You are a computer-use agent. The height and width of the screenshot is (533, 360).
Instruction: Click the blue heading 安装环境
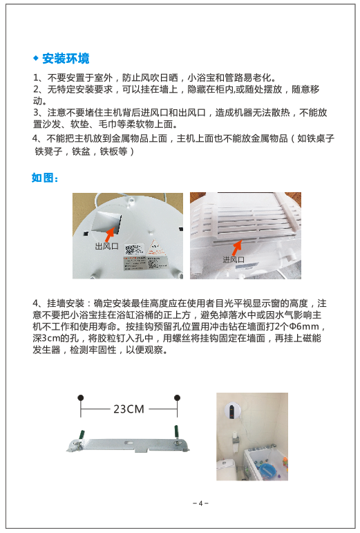pos(66,59)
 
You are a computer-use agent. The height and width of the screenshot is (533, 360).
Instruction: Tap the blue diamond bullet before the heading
pos(36,58)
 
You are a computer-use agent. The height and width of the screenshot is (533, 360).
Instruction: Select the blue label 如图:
pos(45,178)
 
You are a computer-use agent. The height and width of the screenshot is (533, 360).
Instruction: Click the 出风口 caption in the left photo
pos(106,246)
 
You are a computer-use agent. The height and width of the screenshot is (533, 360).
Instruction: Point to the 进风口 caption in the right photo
pos(234,260)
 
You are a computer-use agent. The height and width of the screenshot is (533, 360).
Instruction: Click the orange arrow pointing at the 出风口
pos(111,234)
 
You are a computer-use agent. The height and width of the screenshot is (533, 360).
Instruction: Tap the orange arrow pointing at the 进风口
pos(236,247)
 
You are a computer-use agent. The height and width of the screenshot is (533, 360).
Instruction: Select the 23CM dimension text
pos(129,409)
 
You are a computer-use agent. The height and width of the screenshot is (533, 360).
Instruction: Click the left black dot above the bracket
pos(80,398)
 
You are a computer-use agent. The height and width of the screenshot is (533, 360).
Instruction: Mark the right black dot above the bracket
pos(177,398)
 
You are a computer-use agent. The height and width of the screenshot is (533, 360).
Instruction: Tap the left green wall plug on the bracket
pos(81,436)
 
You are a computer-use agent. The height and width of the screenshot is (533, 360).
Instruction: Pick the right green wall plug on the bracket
pos(176,431)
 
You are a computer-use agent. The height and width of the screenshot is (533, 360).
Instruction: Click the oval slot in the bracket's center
pos(129,443)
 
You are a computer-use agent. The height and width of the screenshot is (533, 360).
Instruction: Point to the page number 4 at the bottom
pos(200,503)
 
